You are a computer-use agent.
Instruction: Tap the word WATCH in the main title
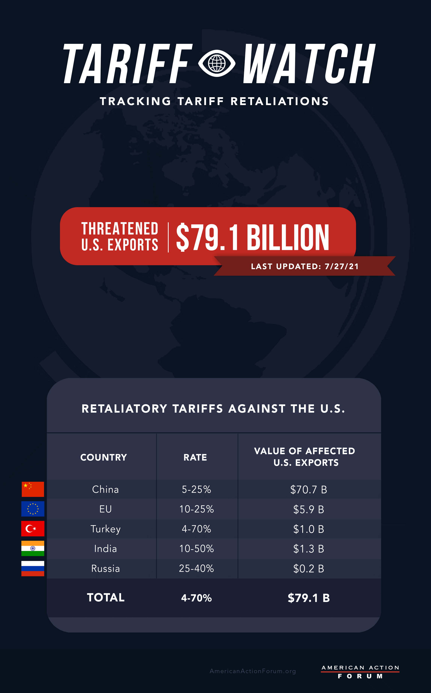pyautogui.click(x=309, y=64)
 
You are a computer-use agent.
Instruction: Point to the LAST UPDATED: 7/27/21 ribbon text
pyautogui.click(x=305, y=266)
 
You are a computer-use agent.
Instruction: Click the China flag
pyautogui.click(x=33, y=489)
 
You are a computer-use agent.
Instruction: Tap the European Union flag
pyautogui.click(x=33, y=509)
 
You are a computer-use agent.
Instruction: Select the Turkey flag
pyautogui.click(x=33, y=529)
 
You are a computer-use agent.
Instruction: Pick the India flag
pyautogui.click(x=33, y=548)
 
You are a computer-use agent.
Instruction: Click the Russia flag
pyautogui.click(x=33, y=568)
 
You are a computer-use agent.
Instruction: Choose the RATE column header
pyautogui.click(x=195, y=457)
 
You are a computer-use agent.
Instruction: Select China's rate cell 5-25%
pyautogui.click(x=196, y=489)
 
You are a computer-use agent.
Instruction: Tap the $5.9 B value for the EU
pyautogui.click(x=308, y=509)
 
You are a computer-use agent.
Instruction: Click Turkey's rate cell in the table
pyautogui.click(x=196, y=529)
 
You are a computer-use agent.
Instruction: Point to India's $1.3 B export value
pyautogui.click(x=308, y=549)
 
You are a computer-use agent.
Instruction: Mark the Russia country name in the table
pyautogui.click(x=106, y=568)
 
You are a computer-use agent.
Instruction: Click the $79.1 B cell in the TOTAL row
pyautogui.click(x=308, y=598)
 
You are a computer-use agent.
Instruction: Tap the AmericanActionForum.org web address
pyautogui.click(x=253, y=671)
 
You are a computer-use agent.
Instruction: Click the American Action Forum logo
pyautogui.click(x=360, y=672)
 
